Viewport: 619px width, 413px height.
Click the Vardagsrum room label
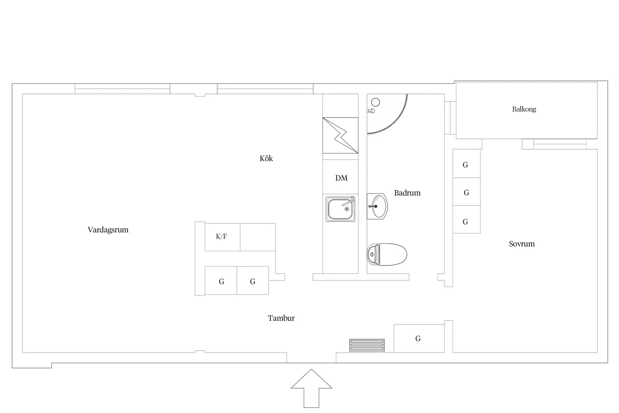[x=108, y=230]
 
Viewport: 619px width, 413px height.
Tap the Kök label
[x=266, y=158]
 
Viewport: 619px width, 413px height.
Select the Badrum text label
[x=407, y=193]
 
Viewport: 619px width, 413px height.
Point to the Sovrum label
[x=521, y=244]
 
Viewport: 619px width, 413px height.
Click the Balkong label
[x=524, y=109]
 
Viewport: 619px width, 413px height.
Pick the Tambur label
[x=281, y=318]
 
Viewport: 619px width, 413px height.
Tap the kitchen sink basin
[x=340, y=209]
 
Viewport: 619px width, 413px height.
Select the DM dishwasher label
[x=341, y=178]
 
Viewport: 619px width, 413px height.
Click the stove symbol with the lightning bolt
[x=340, y=136]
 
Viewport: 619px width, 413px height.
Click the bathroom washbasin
[x=377, y=206]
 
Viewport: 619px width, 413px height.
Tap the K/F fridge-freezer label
[x=221, y=237]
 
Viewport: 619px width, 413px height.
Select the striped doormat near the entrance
[x=367, y=345]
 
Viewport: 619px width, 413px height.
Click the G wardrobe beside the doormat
[x=418, y=339]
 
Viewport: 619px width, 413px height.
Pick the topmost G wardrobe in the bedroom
[x=466, y=164]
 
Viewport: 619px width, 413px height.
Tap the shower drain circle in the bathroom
[x=375, y=102]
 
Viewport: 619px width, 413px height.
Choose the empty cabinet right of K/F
[x=257, y=237]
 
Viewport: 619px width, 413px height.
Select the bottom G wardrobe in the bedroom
[x=466, y=222]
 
